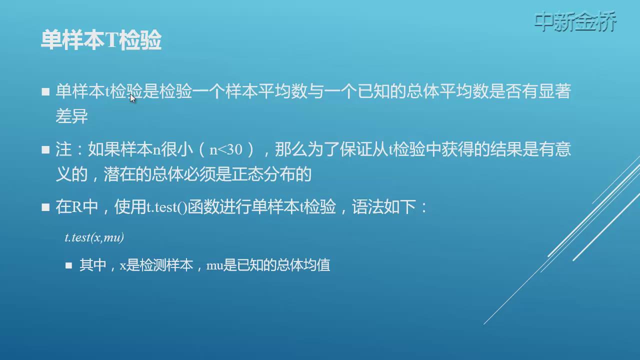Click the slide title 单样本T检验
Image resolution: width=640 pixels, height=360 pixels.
point(101,40)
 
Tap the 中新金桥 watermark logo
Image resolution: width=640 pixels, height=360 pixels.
point(575,21)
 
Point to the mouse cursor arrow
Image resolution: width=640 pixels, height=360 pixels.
point(132,98)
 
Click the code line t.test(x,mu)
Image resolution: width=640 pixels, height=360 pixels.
point(94,237)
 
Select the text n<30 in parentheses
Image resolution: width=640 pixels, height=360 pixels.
point(225,149)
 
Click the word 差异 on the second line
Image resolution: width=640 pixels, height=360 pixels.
point(71,116)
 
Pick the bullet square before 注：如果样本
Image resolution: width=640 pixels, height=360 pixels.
point(45,149)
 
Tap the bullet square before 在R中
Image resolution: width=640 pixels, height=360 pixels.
point(45,207)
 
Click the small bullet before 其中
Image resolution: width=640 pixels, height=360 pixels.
point(68,265)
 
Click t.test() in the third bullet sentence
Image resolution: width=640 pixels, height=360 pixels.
point(166,207)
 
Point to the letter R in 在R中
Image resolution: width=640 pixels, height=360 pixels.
point(76,206)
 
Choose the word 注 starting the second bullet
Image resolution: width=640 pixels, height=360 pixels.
point(63,149)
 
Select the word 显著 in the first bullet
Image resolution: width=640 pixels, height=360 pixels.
point(554,91)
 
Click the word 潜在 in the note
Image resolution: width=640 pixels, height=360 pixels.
point(119,174)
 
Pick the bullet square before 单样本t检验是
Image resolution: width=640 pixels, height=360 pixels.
point(45,91)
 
